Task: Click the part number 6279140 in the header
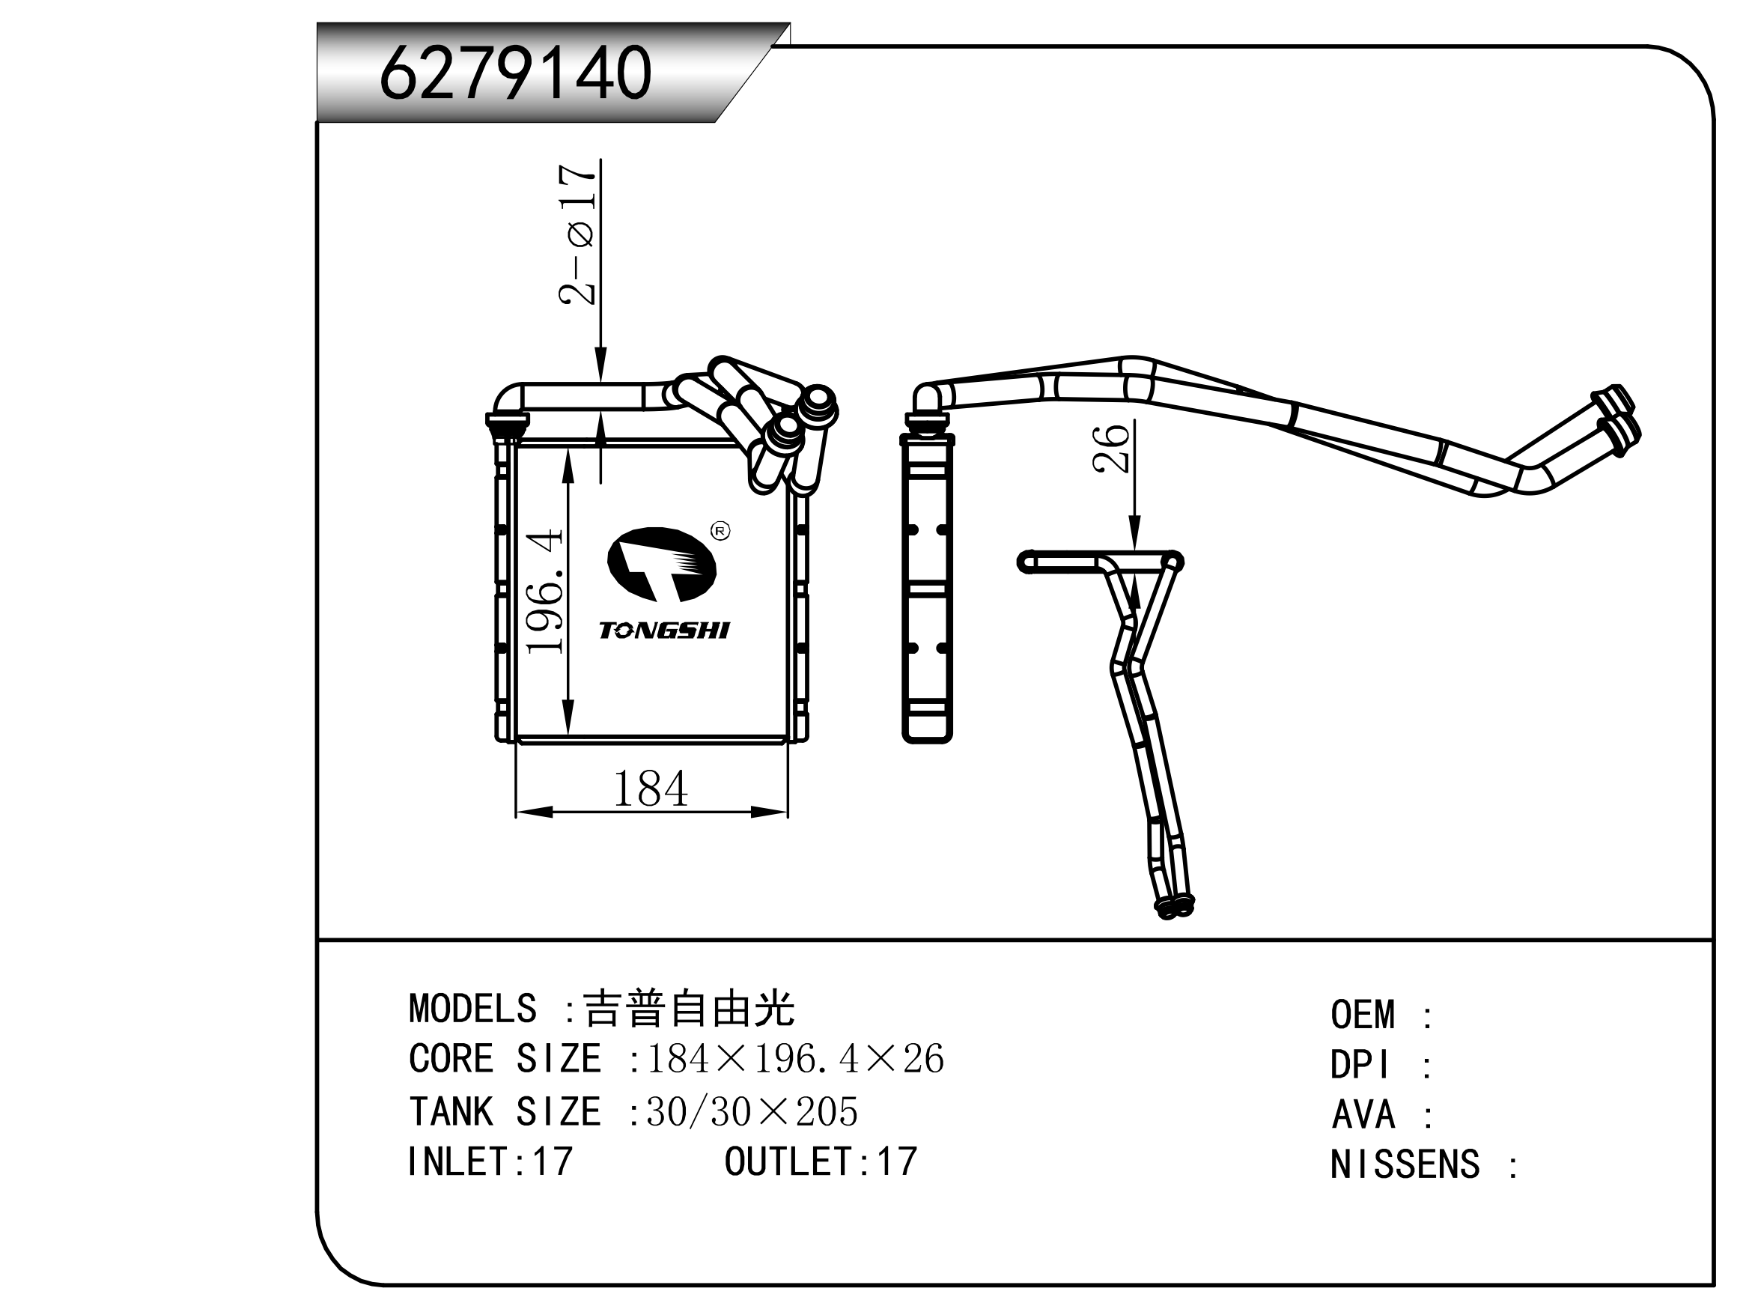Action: click(515, 73)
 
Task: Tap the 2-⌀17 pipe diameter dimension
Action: click(577, 235)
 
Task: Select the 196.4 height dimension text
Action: click(546, 591)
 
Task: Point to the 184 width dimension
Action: click(651, 789)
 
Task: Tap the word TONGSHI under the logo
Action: click(664, 631)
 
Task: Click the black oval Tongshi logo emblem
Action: click(661, 562)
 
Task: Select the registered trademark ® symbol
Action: click(720, 530)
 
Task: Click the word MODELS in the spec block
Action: click(472, 1009)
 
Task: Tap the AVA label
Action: click(1363, 1115)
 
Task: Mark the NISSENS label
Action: click(1405, 1165)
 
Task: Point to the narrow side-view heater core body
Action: click(927, 588)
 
